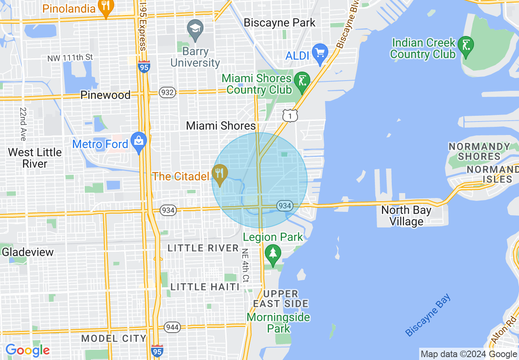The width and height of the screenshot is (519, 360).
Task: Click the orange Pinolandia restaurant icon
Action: coord(106,7)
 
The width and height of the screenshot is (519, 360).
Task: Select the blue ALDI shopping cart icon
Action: coord(320,52)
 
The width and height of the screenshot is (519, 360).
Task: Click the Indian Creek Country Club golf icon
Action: coord(465,45)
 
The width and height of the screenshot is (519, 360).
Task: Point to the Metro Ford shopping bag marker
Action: coord(139,141)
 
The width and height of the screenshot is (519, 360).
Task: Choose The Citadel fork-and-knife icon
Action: coord(220,173)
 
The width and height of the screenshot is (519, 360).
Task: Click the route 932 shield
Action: coord(168,92)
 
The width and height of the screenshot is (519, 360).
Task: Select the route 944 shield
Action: coord(172,327)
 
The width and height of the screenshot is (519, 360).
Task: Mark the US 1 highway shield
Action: coord(290,116)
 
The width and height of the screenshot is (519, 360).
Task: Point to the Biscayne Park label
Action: coord(280,22)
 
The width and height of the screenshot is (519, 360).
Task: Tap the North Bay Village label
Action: coord(406,216)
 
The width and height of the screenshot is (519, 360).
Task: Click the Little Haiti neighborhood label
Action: coord(205,287)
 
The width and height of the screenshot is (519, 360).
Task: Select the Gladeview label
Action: coord(28,252)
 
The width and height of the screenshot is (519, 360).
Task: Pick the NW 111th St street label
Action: coord(70,58)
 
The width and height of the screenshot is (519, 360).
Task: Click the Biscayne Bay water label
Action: coord(428,315)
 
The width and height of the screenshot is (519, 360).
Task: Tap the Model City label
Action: coord(113,338)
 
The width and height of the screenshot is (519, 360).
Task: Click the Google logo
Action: coord(27,350)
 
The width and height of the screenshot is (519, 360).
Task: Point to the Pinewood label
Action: coord(105,95)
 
